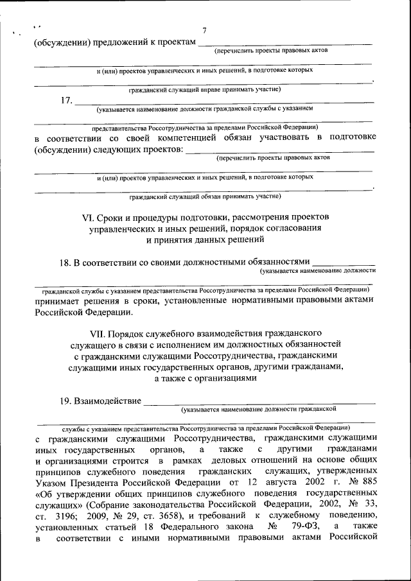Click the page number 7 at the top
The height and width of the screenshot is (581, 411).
pyautogui.click(x=204, y=31)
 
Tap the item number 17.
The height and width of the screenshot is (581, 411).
pyautogui.click(x=66, y=100)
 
